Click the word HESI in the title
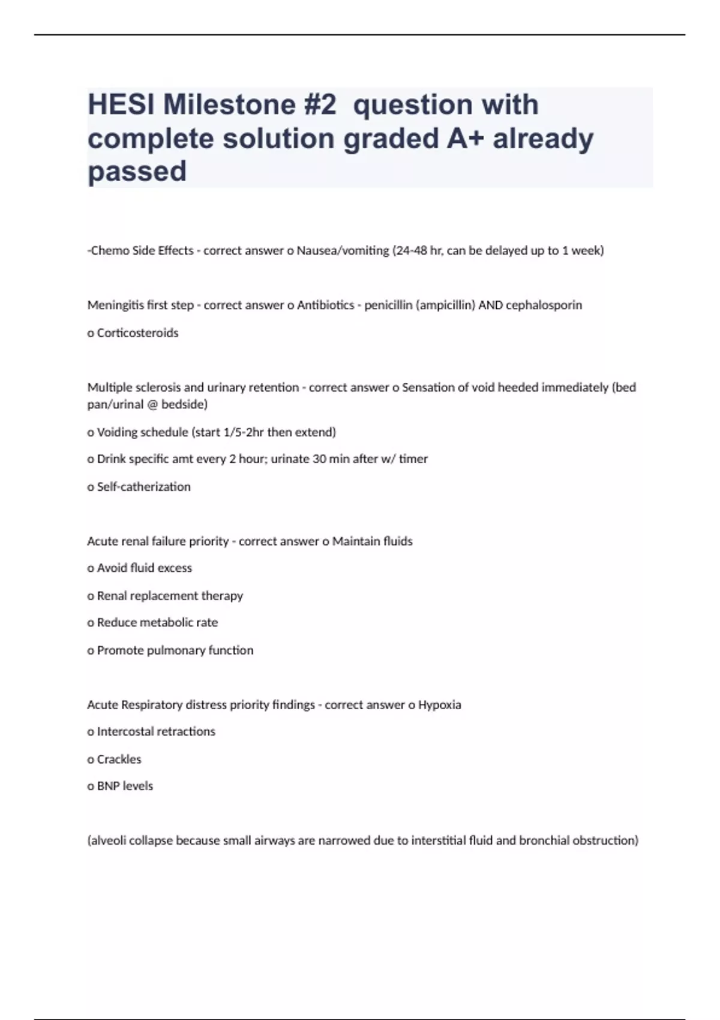click(x=122, y=105)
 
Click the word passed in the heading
click(x=137, y=172)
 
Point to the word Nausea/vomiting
click(x=343, y=251)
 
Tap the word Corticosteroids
click(x=137, y=333)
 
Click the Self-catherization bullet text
click(x=143, y=487)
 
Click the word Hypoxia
click(x=439, y=705)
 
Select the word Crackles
click(x=119, y=760)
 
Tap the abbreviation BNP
click(x=109, y=786)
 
